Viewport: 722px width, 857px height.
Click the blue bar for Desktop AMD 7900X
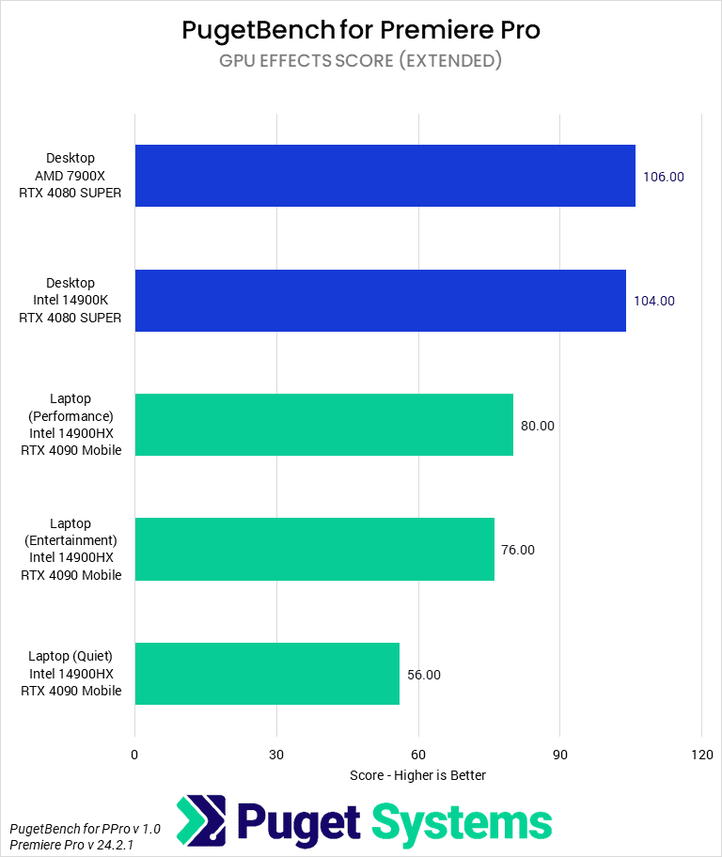coord(385,176)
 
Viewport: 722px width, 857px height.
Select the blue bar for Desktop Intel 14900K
coord(380,301)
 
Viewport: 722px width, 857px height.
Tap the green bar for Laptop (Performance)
coord(323,425)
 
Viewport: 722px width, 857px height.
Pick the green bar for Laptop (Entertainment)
coord(314,550)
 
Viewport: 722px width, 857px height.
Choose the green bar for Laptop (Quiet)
coord(267,674)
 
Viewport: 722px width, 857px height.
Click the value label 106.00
coord(664,176)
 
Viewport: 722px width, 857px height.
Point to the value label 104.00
coord(654,301)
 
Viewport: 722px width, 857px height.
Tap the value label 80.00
coord(538,426)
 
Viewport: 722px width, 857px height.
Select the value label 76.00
coord(518,550)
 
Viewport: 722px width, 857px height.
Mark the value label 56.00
coord(424,675)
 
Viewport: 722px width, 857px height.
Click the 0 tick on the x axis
coord(134,755)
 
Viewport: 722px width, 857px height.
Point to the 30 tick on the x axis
coord(276,755)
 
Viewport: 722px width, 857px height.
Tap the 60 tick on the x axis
coord(418,755)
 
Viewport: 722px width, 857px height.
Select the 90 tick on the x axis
coord(559,755)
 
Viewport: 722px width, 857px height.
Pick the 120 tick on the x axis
coord(701,755)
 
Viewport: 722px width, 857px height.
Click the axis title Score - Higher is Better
coord(417,775)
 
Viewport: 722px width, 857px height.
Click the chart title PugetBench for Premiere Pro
coord(361,30)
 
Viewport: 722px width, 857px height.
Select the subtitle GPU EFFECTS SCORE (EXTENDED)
coord(361,61)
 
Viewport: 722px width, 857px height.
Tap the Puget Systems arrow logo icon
coord(201,820)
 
